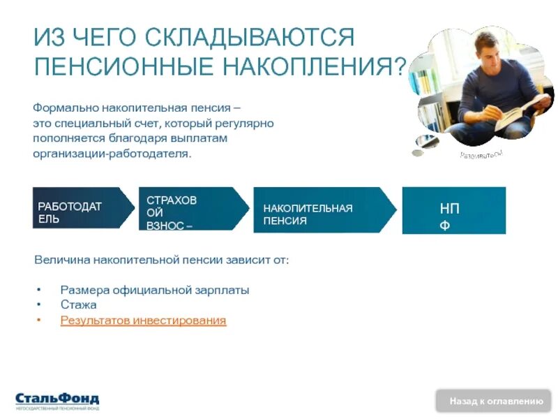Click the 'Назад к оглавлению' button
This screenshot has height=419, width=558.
[495, 401]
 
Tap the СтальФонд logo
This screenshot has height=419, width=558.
[57, 400]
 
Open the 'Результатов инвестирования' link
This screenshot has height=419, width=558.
[143, 321]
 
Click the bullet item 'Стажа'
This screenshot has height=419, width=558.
[78, 304]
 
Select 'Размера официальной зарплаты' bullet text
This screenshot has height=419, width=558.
[154, 290]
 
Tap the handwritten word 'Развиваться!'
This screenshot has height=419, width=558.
[481, 154]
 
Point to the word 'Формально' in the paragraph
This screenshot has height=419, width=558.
[66, 108]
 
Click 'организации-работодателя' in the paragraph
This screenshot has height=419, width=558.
[112, 153]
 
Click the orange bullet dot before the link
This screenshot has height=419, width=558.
[40, 321]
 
